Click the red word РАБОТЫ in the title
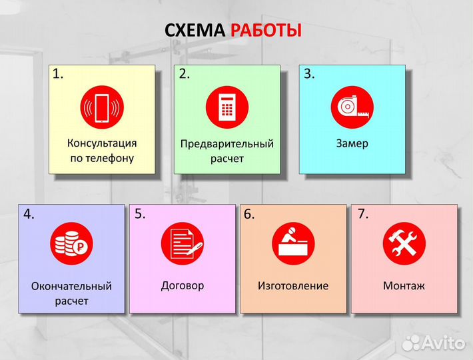click(266, 31)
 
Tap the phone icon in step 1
click(101, 109)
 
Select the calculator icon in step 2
click(227, 107)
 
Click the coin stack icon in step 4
click(71, 244)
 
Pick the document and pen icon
click(182, 243)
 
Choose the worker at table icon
click(293, 243)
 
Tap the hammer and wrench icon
click(404, 243)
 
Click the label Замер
click(352, 144)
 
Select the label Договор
click(183, 285)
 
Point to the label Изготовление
click(293, 286)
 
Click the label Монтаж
click(404, 286)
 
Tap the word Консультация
click(102, 143)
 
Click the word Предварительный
click(227, 144)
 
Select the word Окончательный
click(71, 286)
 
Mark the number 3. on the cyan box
click(309, 74)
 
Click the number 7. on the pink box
click(363, 214)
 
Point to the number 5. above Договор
click(140, 214)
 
